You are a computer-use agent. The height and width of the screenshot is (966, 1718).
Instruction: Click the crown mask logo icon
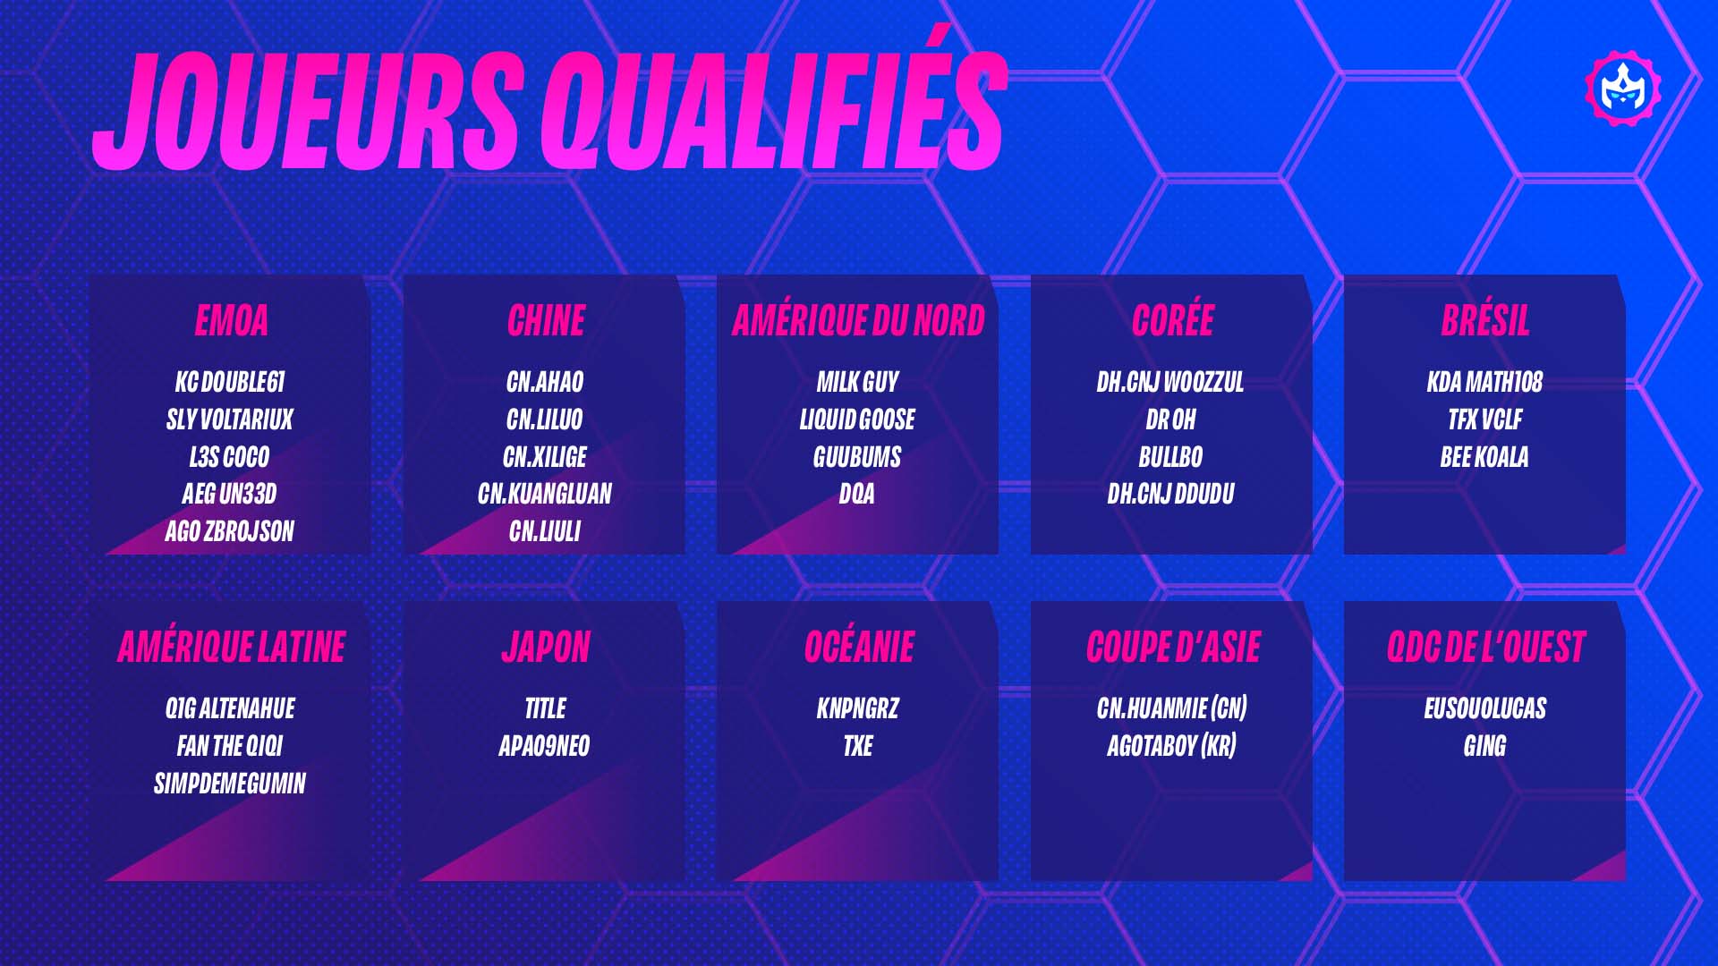click(x=1623, y=88)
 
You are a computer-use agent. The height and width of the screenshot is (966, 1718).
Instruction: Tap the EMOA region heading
click(x=231, y=320)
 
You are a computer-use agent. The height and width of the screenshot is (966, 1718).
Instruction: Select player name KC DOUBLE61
click(x=230, y=382)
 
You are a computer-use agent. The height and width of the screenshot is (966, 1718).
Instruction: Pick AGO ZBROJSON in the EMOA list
click(x=229, y=531)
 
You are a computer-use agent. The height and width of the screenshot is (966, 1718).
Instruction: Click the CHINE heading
click(x=546, y=320)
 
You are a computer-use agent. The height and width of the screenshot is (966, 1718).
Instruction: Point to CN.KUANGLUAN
click(x=545, y=494)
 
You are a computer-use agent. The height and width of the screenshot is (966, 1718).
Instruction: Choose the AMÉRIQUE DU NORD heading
click(x=858, y=320)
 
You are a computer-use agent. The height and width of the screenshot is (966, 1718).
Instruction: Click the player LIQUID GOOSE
click(x=857, y=419)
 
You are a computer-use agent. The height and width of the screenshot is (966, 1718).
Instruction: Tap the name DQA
click(x=856, y=494)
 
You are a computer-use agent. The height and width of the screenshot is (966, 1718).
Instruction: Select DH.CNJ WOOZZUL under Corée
click(x=1170, y=382)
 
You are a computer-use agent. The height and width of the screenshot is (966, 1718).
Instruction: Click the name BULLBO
click(x=1170, y=457)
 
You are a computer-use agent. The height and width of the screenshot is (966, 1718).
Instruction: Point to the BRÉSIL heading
click(x=1485, y=320)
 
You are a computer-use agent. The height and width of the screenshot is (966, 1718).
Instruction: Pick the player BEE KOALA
click(x=1484, y=457)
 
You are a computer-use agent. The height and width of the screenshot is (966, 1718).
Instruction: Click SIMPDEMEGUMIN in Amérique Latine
click(x=230, y=784)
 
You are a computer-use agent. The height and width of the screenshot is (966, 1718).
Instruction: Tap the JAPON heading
click(x=546, y=647)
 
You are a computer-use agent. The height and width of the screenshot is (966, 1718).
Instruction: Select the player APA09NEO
click(x=544, y=746)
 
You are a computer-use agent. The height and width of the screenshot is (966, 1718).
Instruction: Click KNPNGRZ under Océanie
click(x=857, y=708)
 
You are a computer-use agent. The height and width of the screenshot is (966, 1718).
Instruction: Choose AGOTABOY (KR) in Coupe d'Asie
click(x=1171, y=746)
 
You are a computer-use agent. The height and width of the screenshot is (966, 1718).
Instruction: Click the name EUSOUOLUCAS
click(x=1485, y=708)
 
